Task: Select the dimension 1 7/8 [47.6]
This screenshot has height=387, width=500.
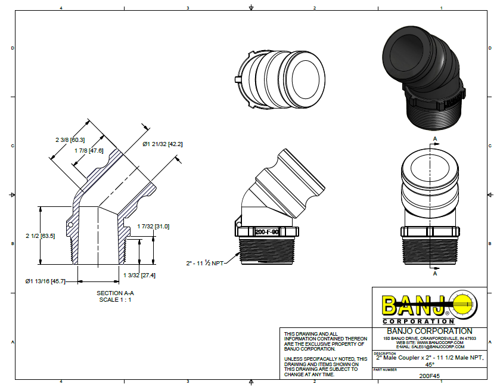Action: (x=88, y=150)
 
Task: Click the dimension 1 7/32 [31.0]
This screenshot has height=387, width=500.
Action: (x=153, y=226)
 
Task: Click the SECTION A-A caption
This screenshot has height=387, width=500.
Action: (x=116, y=293)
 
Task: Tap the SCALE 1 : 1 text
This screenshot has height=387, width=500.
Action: (x=116, y=299)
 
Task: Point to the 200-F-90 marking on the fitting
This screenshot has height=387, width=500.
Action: (x=267, y=233)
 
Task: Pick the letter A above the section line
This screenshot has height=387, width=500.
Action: (x=434, y=138)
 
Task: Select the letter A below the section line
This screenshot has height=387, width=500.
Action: (x=434, y=275)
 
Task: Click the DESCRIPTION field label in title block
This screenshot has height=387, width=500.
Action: (x=385, y=354)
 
